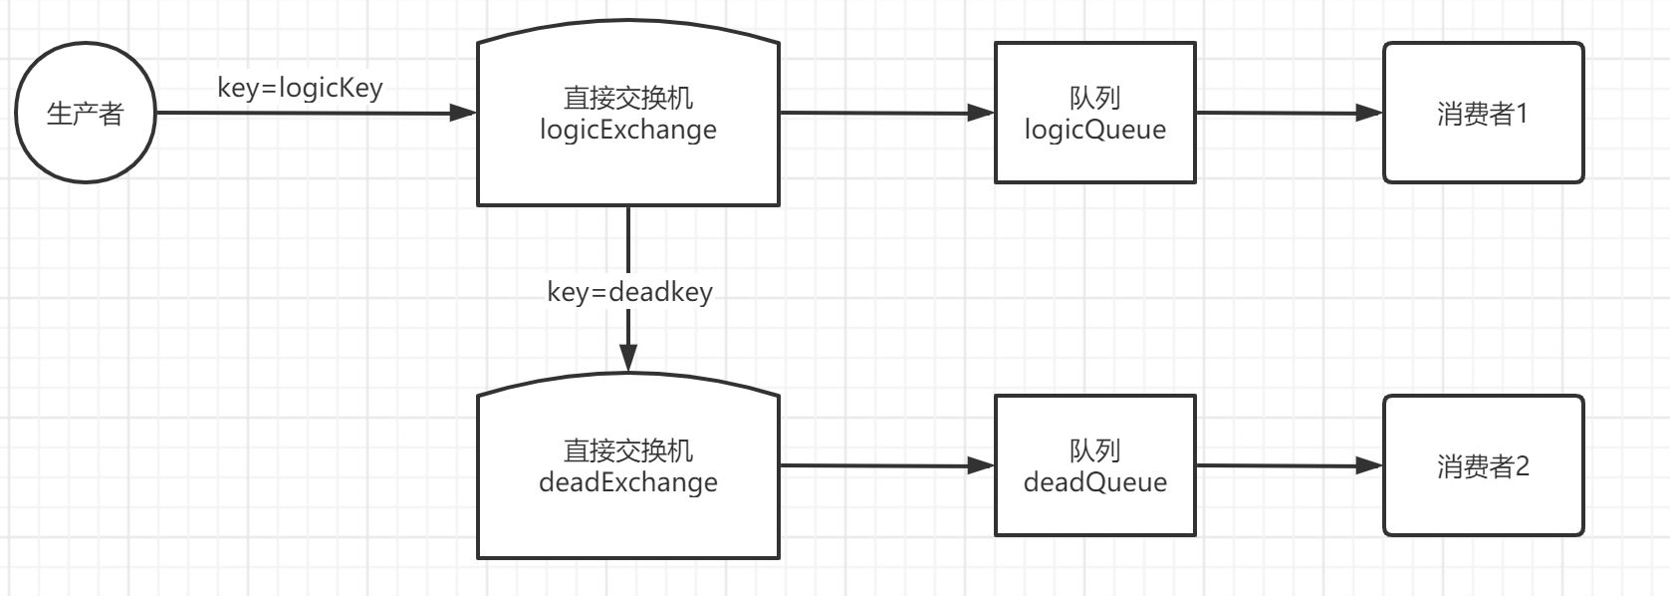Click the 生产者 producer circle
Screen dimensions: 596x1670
85,113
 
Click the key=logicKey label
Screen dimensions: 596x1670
300,88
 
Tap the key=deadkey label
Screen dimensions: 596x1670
629,291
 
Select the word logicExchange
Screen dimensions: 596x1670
627,130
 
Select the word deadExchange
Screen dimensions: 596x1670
627,482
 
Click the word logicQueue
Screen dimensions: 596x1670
1094,130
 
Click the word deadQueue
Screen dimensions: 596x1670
1094,482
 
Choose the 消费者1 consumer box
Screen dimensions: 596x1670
1483,113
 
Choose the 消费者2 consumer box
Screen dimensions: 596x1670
1483,465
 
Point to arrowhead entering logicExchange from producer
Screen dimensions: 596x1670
464,113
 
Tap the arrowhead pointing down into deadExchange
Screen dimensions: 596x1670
628,358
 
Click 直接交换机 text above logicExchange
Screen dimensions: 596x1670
627,98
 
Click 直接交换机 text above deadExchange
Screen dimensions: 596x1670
627,450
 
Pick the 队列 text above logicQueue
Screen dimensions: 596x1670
1094,98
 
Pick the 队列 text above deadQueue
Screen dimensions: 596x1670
1094,450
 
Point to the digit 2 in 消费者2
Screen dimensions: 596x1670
1522,465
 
